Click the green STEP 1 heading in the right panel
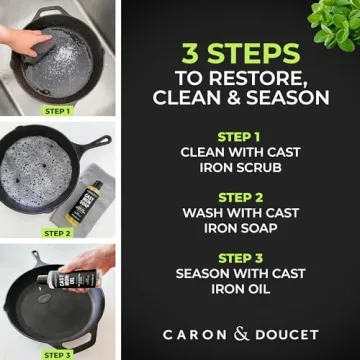[x=241, y=135]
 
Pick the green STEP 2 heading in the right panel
[x=241, y=197]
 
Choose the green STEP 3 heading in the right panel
[x=241, y=258]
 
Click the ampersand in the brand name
[x=240, y=333]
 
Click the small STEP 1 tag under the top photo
[x=57, y=111]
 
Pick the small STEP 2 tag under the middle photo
[x=57, y=233]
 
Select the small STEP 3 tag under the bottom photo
[x=57, y=354]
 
